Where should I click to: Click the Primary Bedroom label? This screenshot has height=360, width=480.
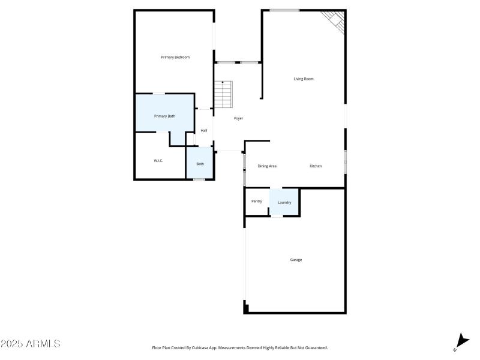[175, 57]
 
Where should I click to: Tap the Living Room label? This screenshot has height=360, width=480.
[304, 79]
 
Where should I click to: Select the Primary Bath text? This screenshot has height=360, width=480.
[164, 116]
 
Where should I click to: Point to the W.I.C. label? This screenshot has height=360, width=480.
[158, 161]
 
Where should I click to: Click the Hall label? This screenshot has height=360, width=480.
[204, 131]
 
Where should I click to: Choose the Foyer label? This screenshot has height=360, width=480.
[238, 118]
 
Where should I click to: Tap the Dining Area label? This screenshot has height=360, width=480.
[267, 166]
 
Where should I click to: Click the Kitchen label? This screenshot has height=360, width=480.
[316, 166]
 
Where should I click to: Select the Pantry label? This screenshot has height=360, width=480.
[257, 201]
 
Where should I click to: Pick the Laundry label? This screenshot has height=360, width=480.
[284, 202]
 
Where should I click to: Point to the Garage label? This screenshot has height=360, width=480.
[296, 260]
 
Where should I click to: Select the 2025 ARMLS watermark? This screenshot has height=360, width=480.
[30, 344]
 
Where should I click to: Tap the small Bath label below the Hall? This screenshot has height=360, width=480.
[200, 164]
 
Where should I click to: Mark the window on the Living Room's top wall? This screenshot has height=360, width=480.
[284, 10]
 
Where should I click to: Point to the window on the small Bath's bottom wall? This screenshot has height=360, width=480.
[199, 179]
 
